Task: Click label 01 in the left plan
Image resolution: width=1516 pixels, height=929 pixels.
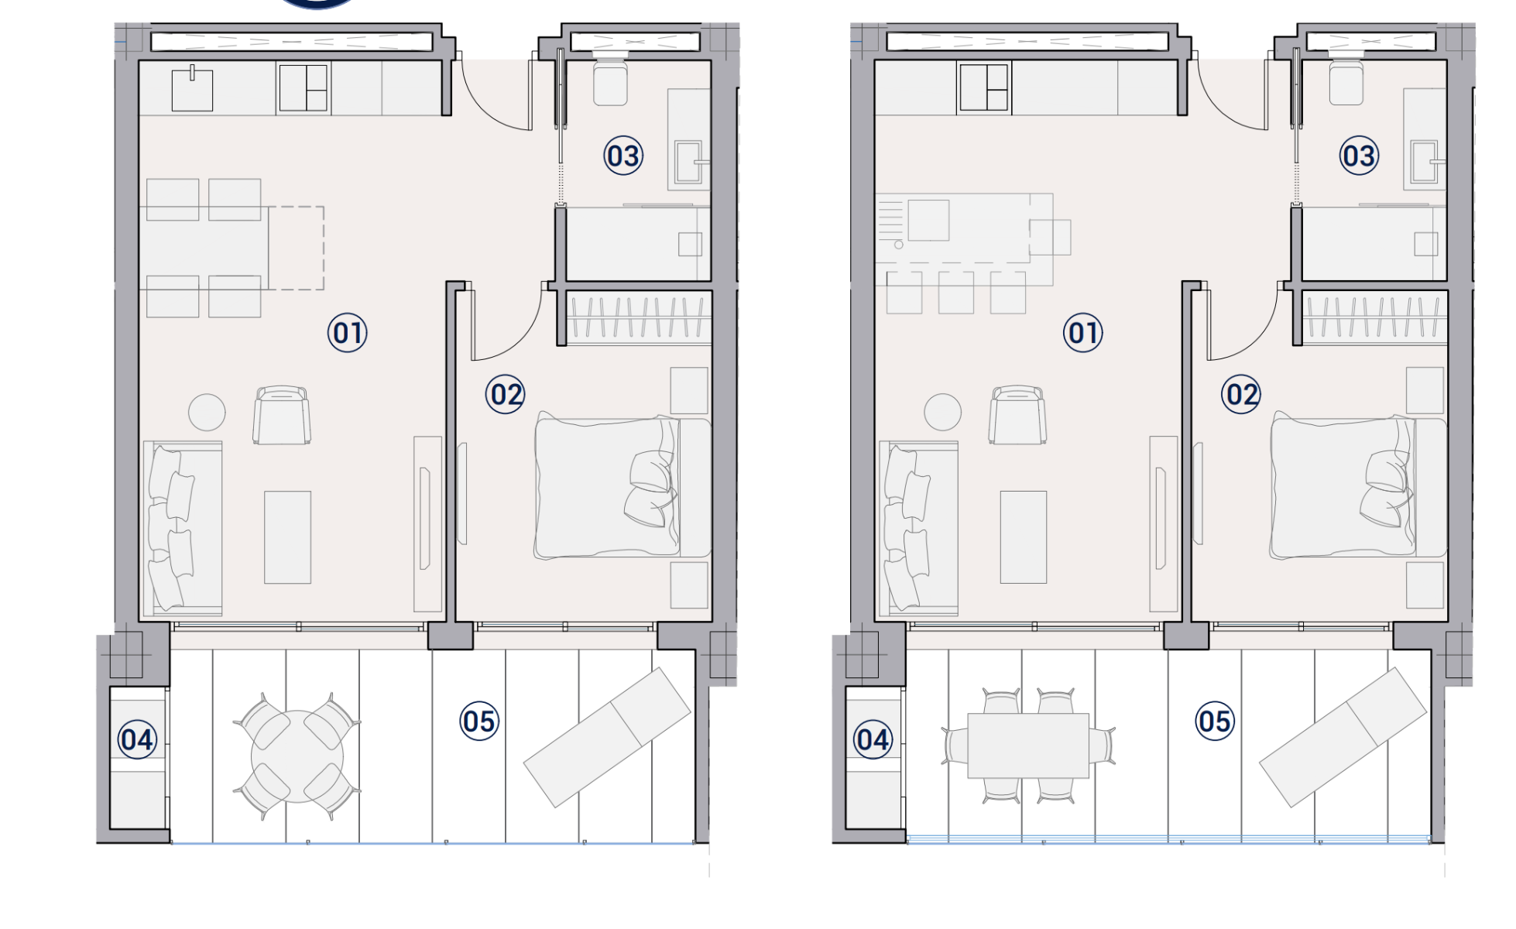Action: click(347, 333)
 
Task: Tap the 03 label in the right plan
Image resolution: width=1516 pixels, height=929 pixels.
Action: click(1359, 156)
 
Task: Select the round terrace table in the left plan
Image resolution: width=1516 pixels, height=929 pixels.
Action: click(297, 756)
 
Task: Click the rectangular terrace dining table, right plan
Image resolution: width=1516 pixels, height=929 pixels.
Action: click(1028, 746)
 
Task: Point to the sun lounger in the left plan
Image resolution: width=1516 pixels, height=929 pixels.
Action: click(607, 737)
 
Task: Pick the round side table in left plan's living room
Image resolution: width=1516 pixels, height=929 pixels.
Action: click(207, 412)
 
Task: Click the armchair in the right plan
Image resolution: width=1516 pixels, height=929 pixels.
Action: click(1017, 415)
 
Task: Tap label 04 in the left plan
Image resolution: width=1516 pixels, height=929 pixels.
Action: click(138, 739)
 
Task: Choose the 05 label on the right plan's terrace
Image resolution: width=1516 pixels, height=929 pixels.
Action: click(1214, 721)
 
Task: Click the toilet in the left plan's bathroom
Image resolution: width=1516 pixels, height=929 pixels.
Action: click(610, 81)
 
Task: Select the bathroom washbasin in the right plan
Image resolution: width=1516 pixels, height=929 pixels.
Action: click(1424, 161)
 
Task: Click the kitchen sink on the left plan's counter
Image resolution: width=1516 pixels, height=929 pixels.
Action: click(192, 89)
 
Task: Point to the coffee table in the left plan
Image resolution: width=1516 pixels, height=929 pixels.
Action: click(287, 537)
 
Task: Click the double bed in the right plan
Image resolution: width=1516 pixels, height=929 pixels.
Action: click(1359, 488)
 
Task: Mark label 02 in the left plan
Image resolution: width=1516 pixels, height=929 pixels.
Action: click(506, 395)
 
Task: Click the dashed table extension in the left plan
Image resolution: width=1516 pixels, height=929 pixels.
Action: click(297, 248)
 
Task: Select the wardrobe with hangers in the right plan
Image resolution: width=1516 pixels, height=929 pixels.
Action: click(1375, 317)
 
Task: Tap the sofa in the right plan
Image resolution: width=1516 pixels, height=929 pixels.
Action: click(919, 528)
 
